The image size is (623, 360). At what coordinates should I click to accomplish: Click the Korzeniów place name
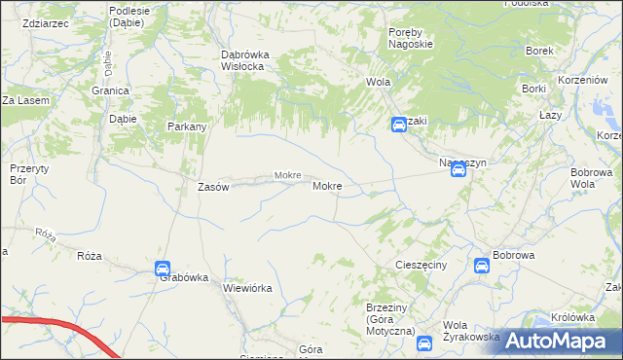click(583, 83)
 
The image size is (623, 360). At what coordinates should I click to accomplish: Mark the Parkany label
click(186, 126)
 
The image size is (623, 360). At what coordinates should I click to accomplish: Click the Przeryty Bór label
click(22, 173)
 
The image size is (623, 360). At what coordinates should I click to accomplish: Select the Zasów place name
click(212, 187)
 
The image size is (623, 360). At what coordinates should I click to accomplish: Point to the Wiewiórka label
click(247, 288)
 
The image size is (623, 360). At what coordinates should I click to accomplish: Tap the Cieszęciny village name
click(421, 266)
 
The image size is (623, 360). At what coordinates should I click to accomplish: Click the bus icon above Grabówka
click(163, 268)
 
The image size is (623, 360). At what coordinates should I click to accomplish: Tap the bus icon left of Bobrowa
click(482, 266)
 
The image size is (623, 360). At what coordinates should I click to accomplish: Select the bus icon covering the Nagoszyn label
click(458, 170)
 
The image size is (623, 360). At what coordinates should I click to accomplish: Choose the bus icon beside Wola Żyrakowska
click(424, 342)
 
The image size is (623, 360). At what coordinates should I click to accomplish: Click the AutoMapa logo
click(551, 341)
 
